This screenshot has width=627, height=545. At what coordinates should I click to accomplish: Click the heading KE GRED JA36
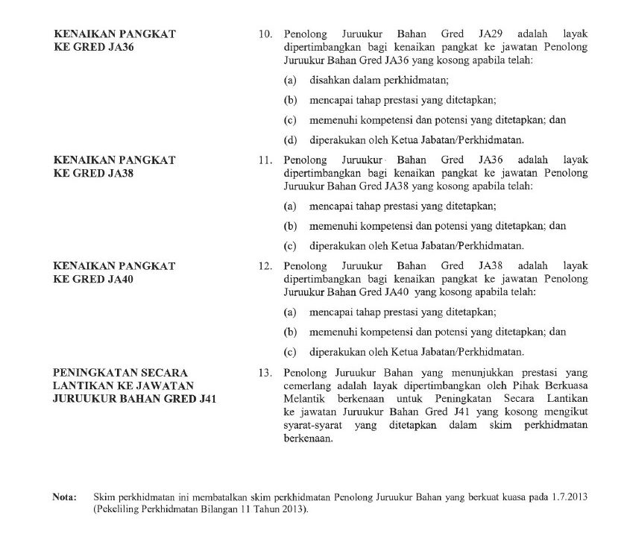[x=93, y=46]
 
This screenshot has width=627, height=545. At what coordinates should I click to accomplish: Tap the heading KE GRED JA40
[x=93, y=277]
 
